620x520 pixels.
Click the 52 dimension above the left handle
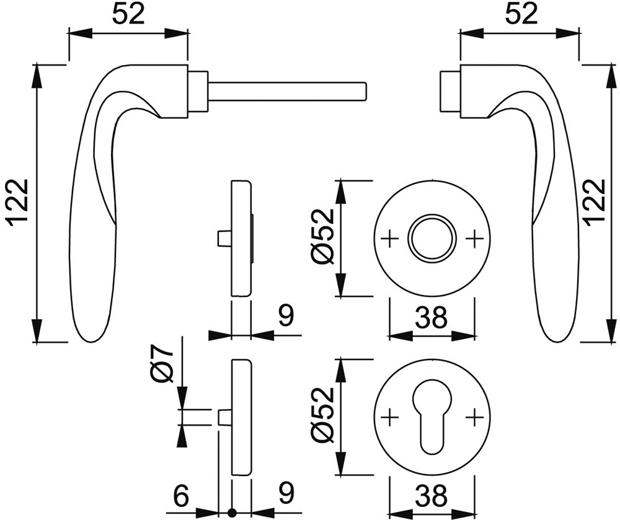128,15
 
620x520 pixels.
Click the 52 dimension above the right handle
522,15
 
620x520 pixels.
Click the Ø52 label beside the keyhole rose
323,418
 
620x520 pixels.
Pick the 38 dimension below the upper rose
432,317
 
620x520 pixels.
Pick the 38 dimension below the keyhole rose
432,495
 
